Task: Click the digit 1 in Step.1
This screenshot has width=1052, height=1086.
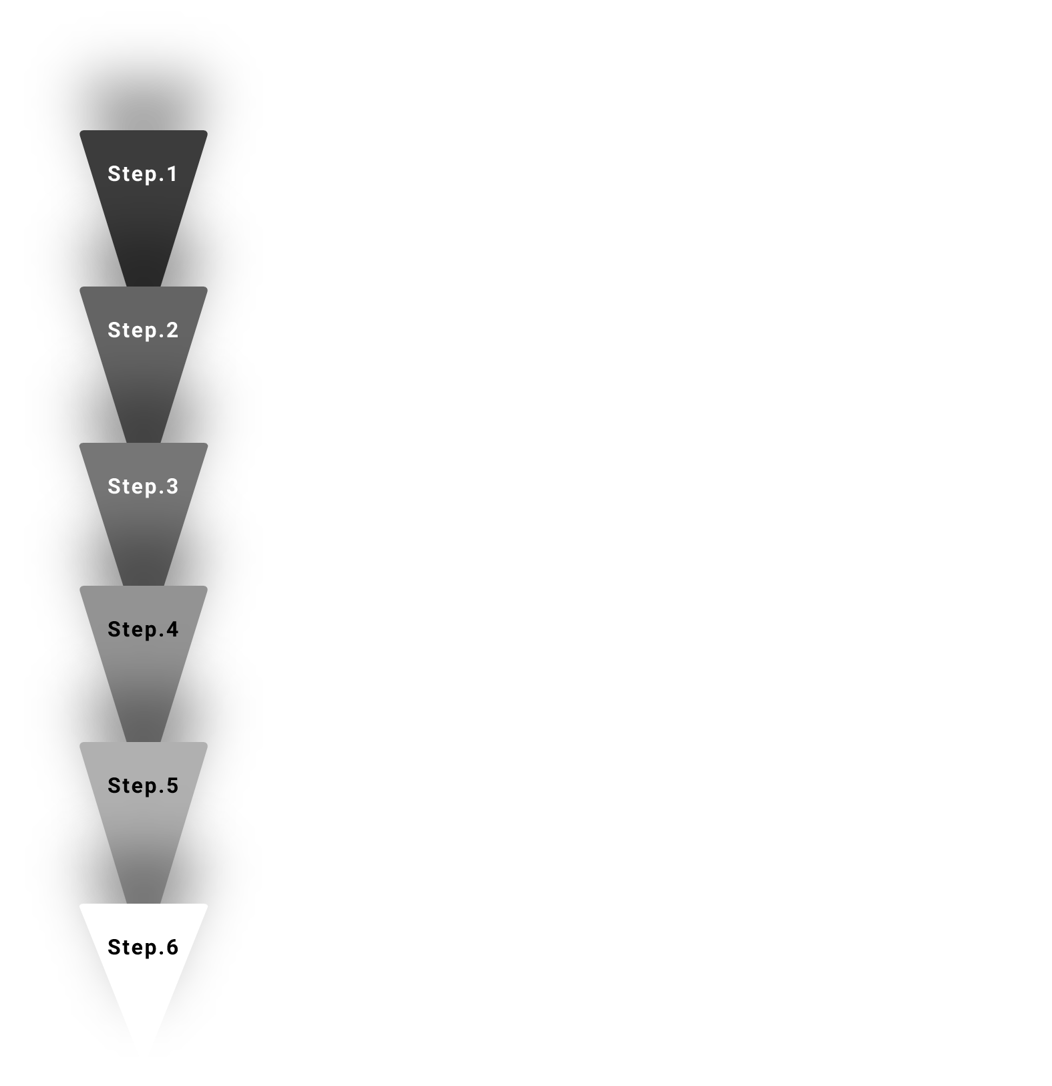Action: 172,174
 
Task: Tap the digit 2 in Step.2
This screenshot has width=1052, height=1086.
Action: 172,330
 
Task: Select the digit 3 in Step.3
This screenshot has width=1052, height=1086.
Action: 172,486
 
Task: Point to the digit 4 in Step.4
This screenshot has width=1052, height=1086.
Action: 172,629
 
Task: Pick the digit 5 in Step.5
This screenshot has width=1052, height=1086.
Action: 172,785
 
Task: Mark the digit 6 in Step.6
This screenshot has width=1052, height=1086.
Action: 172,947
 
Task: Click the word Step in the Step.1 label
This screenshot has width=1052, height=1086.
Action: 132,174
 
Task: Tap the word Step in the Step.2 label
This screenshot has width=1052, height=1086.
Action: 132,331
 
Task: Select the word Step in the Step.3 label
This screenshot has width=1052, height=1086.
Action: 132,487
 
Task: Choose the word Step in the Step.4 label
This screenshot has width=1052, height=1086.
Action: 132,630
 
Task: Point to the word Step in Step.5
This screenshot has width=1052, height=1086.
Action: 132,786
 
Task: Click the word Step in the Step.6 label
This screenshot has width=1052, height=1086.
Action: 132,948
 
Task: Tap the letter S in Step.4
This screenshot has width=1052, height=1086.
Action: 114,629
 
